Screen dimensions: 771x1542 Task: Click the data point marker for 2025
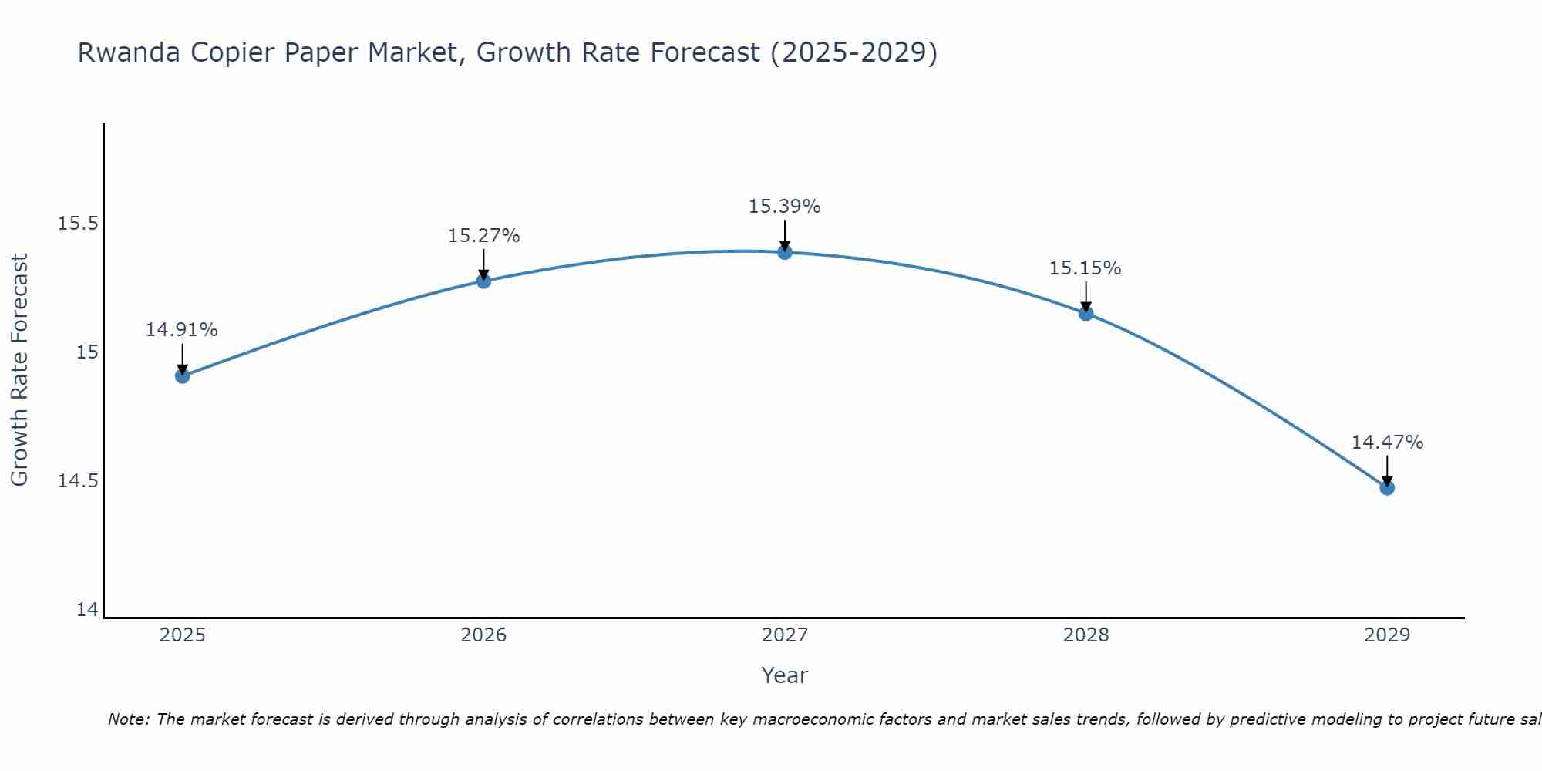coord(183,376)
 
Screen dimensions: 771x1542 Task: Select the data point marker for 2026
coord(483,281)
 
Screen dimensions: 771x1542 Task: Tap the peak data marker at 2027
coord(785,252)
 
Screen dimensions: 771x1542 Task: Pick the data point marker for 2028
coord(1086,313)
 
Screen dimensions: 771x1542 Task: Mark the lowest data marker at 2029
coord(1387,488)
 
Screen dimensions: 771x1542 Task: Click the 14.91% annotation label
coord(182,330)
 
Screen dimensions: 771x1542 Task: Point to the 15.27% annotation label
coord(483,236)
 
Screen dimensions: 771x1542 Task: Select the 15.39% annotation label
coord(785,207)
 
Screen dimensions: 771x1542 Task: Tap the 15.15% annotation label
coord(1086,268)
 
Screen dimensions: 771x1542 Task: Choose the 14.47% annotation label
coord(1387,443)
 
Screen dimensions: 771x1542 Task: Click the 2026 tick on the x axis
coord(483,635)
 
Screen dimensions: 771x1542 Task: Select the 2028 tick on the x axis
coord(1086,635)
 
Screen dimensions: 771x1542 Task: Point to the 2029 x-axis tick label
coord(1387,635)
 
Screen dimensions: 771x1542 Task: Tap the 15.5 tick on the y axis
coord(79,224)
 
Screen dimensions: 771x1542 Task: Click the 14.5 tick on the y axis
coord(79,481)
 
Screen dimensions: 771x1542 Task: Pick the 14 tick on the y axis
coord(88,610)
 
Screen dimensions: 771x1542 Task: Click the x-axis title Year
coord(784,675)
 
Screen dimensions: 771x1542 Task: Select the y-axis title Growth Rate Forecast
coord(19,370)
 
